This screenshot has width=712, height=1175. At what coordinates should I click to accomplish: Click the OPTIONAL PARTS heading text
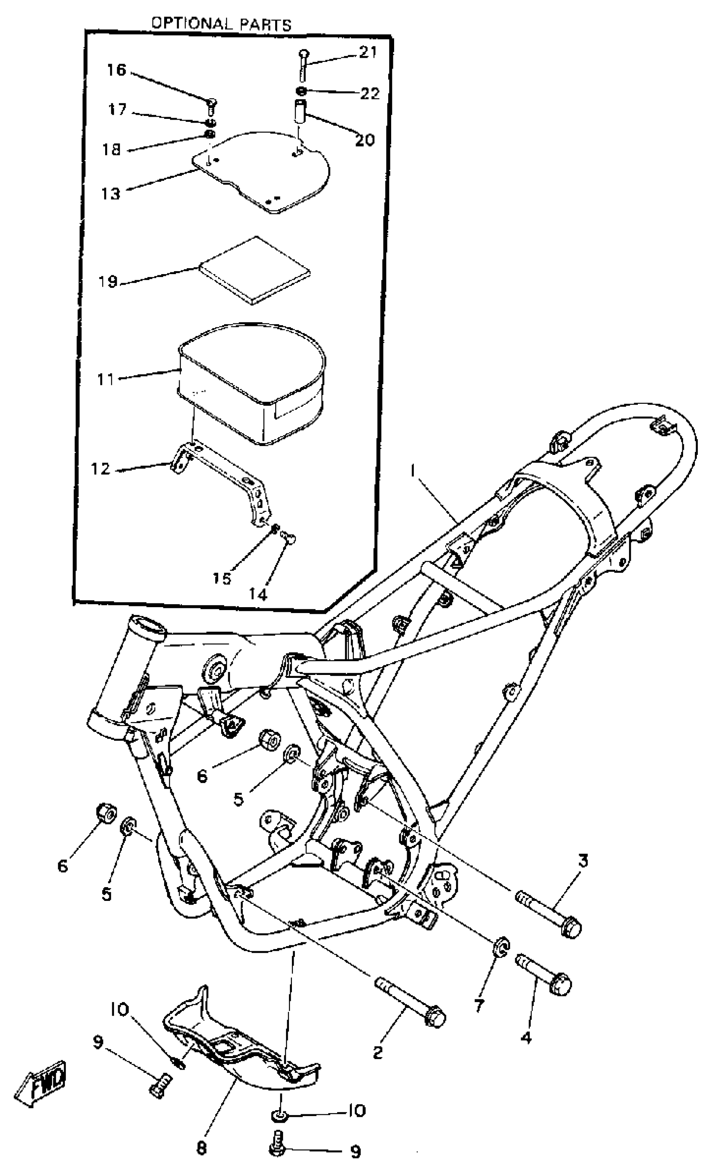click(x=221, y=23)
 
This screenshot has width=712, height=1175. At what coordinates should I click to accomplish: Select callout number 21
click(x=367, y=52)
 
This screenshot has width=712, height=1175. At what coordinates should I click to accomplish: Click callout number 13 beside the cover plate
click(x=111, y=194)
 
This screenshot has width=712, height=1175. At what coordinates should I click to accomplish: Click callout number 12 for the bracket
click(x=100, y=469)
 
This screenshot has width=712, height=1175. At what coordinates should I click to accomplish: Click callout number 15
click(x=222, y=578)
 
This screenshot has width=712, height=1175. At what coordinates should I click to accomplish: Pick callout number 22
click(x=370, y=93)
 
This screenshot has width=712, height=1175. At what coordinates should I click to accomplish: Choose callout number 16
click(x=116, y=70)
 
